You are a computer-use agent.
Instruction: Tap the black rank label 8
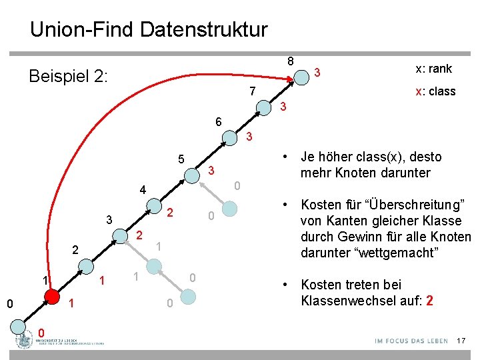coord(290,61)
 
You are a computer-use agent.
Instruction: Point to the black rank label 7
coord(252,91)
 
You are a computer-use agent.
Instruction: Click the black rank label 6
coord(219,122)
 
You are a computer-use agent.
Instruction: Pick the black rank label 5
coord(181,159)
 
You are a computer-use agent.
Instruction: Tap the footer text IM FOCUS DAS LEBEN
coord(411,341)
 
